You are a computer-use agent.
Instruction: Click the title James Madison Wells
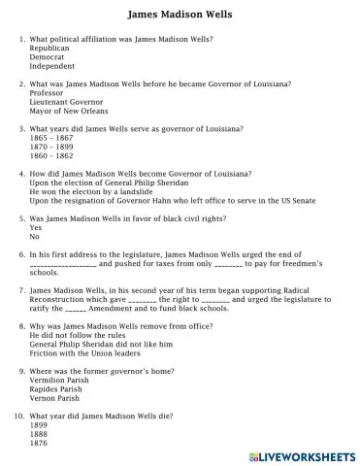pyautogui.click(x=180, y=16)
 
